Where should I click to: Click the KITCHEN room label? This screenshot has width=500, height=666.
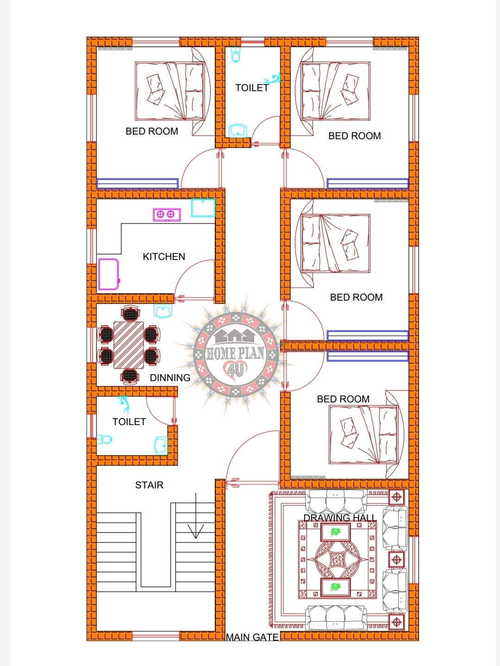pyautogui.click(x=164, y=257)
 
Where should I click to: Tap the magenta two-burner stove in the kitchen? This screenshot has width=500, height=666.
pyautogui.click(x=166, y=215)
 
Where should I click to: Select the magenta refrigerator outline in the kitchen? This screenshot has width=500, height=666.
pyautogui.click(x=109, y=274)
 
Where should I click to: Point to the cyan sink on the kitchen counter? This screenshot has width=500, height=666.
pyautogui.click(x=203, y=208)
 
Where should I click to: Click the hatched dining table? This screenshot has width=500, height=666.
pyautogui.click(x=129, y=345)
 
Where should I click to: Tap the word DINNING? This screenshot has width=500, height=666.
pyautogui.click(x=170, y=378)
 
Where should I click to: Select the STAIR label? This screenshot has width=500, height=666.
pyautogui.click(x=149, y=485)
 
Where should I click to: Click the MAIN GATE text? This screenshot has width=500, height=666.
pyautogui.click(x=252, y=637)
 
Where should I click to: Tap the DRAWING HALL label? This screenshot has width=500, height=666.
pyautogui.click(x=339, y=518)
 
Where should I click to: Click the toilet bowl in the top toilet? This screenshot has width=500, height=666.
pyautogui.click(x=236, y=55)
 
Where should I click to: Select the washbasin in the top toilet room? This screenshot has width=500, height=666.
pyautogui.click(x=238, y=130)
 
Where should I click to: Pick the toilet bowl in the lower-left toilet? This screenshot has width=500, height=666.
pyautogui.click(x=105, y=439)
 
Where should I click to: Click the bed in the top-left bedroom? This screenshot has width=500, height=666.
pyautogui.click(x=169, y=91)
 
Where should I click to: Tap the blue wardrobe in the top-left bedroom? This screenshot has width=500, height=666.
pyautogui.click(x=137, y=184)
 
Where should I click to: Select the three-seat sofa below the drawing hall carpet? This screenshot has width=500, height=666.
pyautogui.click(x=336, y=618)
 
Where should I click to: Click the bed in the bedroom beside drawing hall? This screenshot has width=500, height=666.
pyautogui.click(x=363, y=435)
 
